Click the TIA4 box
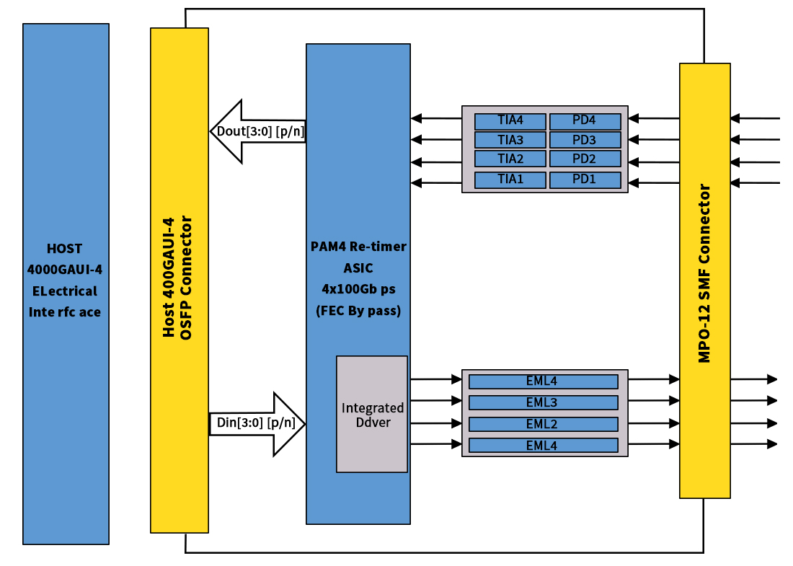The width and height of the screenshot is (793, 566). coord(510,120)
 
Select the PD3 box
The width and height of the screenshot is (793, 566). coord(585,140)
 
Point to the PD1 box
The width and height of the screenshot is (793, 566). coord(585,179)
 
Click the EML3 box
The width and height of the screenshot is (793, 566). coord(543,402)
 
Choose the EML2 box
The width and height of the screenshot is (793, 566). coord(543,424)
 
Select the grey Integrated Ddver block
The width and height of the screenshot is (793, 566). coord(372,415)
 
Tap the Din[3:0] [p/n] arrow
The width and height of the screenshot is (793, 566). coord(257,424)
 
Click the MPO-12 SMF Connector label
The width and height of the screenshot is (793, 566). coord(705,274)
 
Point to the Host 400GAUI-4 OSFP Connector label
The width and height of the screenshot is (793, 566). coord(178,278)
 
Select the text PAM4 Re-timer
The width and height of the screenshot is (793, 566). coord(358,247)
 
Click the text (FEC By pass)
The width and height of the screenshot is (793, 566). coord(358,311)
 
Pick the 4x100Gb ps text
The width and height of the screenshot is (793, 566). coord(358,290)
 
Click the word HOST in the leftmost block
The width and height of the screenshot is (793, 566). coord(65,249)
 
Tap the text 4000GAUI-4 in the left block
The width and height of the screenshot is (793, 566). coord(65,270)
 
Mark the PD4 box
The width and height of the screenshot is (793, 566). coord(585,120)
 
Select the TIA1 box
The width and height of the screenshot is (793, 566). coord(510,179)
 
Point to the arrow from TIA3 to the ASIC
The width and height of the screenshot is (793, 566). coord(436,140)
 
